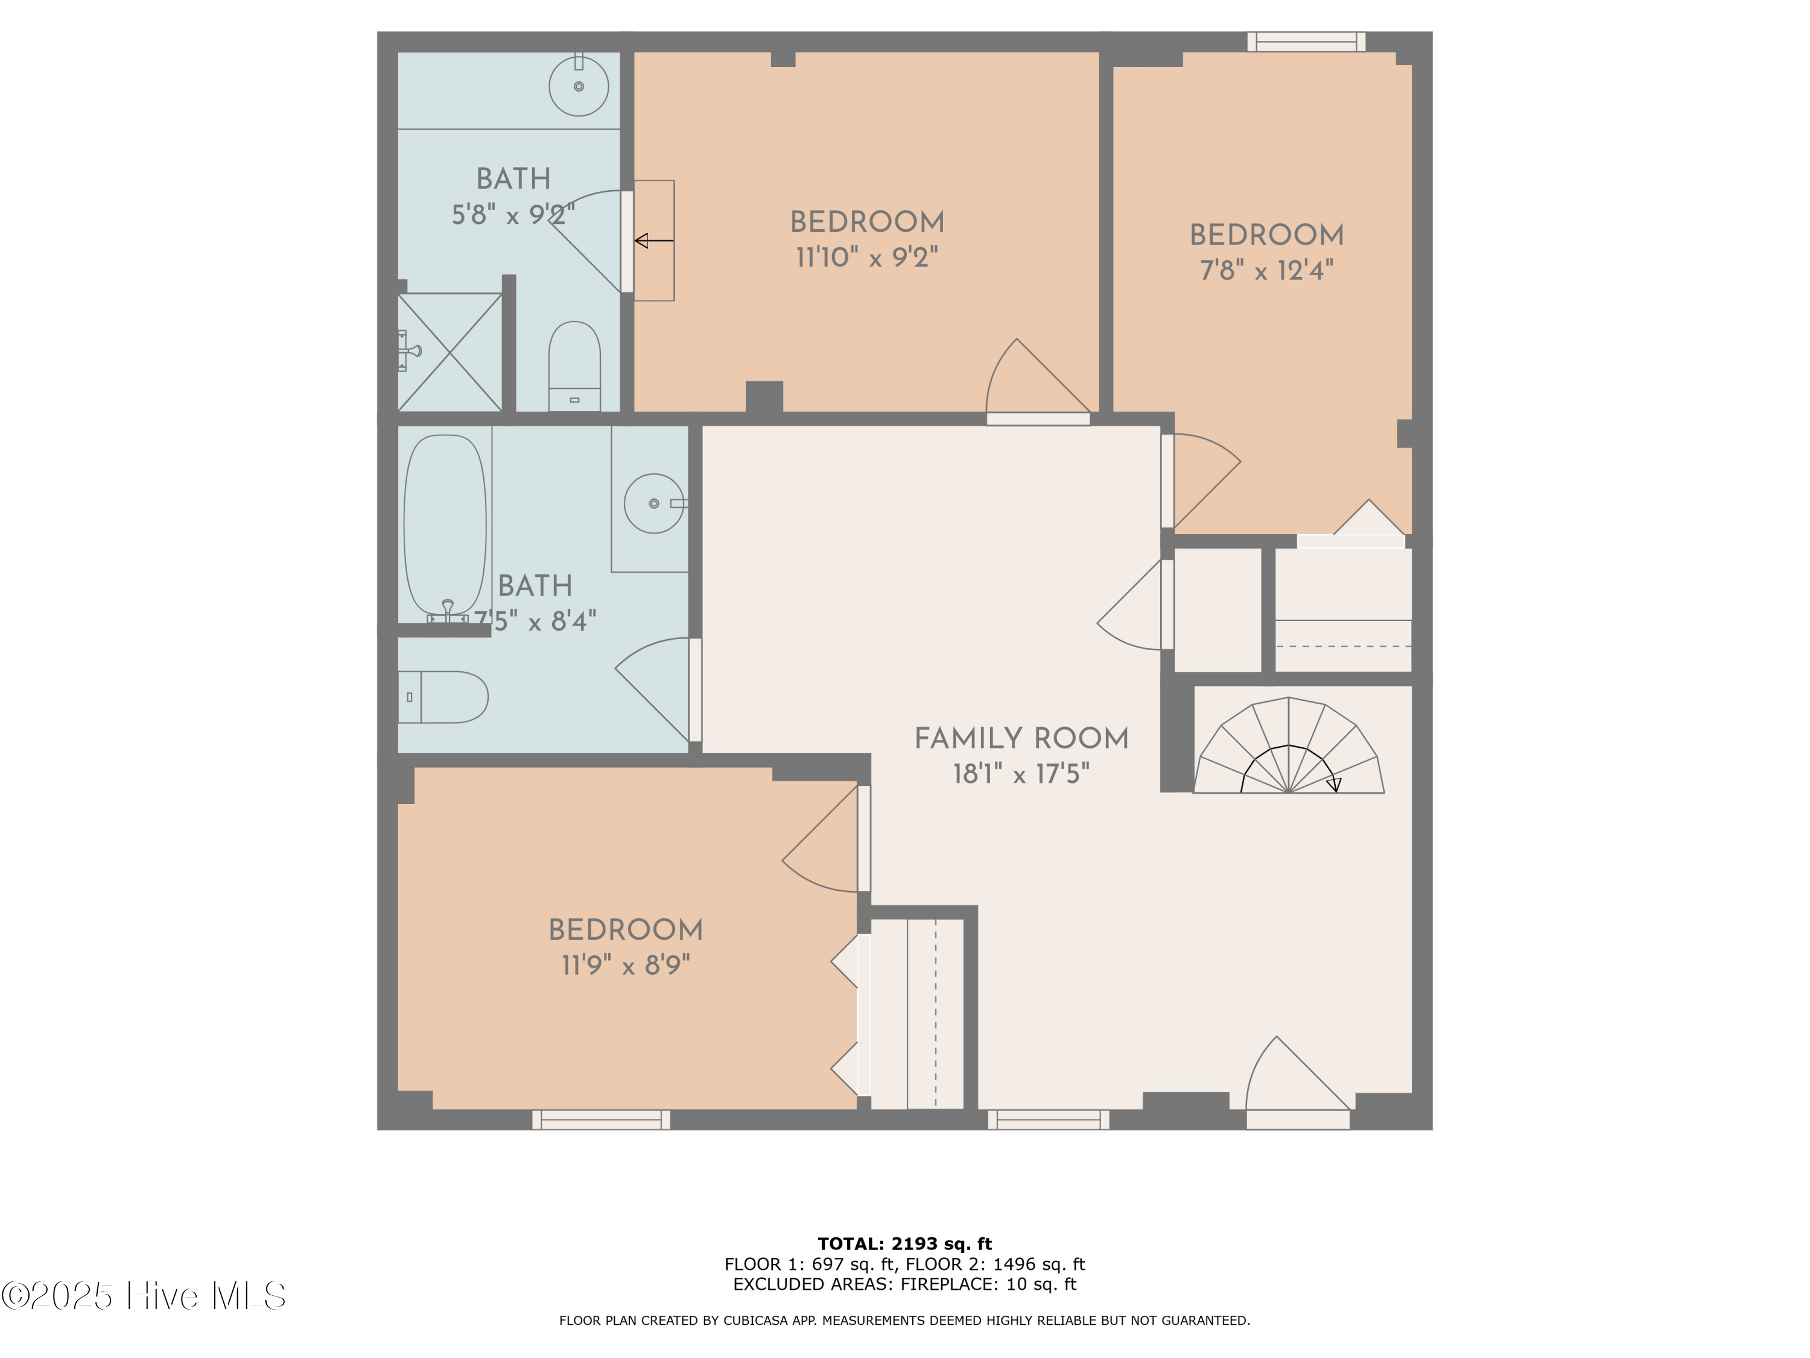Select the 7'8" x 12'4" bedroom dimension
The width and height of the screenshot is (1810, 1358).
(1266, 270)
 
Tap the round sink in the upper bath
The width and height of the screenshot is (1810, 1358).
(579, 86)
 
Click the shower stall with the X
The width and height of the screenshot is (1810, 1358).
(449, 352)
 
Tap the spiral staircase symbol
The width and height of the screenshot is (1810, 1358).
(1288, 749)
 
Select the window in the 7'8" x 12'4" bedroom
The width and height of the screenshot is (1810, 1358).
(1306, 41)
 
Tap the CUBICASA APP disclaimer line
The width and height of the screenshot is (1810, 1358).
(904, 1321)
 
